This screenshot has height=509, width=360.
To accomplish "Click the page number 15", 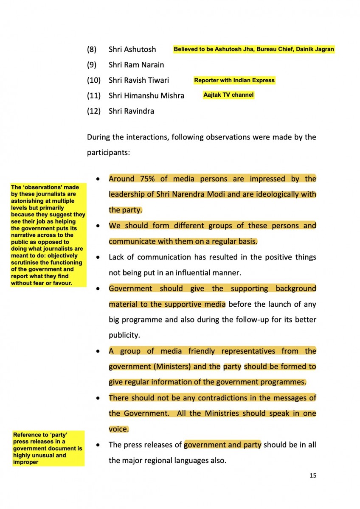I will [x=313, y=475].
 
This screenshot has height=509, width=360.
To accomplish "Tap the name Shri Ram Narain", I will [x=136, y=65].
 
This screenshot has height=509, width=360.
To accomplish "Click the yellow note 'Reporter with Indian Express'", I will [x=234, y=80].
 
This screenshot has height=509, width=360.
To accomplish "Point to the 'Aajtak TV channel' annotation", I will [x=228, y=95].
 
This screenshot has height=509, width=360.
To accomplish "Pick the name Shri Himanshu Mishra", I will [x=146, y=96].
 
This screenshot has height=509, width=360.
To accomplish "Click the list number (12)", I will [x=93, y=111].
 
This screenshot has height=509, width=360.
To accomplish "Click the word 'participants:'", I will [x=108, y=152].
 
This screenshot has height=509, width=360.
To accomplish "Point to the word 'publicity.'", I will [x=124, y=335].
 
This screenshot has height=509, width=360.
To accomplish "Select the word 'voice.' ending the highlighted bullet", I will [x=118, y=429].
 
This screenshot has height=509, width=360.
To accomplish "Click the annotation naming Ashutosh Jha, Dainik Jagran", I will [x=254, y=49].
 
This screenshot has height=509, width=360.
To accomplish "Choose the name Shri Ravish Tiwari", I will [x=139, y=80].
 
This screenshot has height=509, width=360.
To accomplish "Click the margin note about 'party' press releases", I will [x=48, y=448].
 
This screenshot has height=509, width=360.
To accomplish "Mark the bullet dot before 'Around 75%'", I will [x=98, y=179].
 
